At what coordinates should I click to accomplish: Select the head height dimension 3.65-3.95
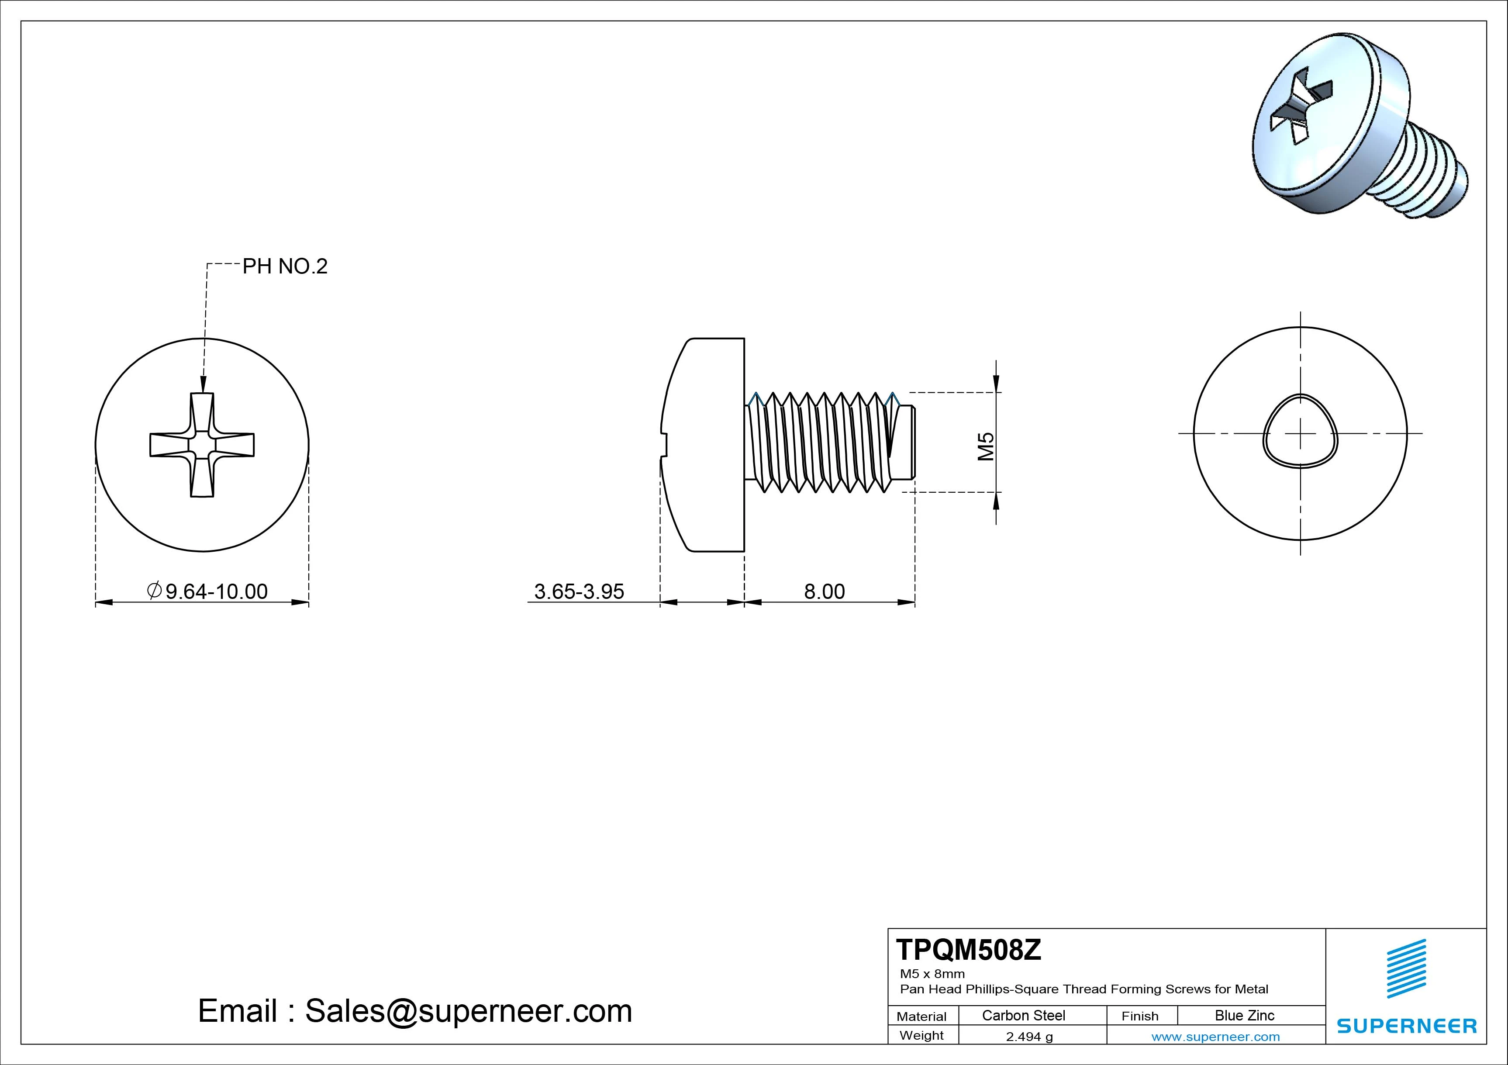click(579, 591)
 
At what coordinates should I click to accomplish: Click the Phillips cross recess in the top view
click(202, 445)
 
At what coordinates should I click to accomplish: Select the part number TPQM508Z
click(968, 950)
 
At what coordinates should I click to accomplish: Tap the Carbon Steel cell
click(1023, 1015)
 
